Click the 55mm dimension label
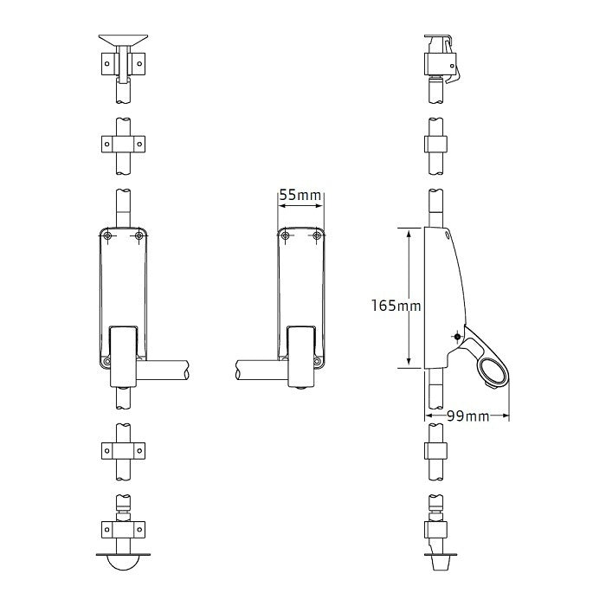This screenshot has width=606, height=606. (300, 196)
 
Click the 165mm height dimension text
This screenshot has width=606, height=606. (395, 306)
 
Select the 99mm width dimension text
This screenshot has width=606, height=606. (467, 416)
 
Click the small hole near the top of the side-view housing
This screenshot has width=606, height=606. (447, 234)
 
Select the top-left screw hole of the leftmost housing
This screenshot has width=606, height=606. (107, 236)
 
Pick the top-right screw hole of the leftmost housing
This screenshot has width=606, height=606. (139, 236)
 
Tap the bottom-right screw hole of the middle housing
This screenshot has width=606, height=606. (318, 360)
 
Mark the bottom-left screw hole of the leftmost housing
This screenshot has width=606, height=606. (106, 360)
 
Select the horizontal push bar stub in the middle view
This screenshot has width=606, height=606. (260, 371)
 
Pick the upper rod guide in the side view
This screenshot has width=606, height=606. (436, 143)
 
